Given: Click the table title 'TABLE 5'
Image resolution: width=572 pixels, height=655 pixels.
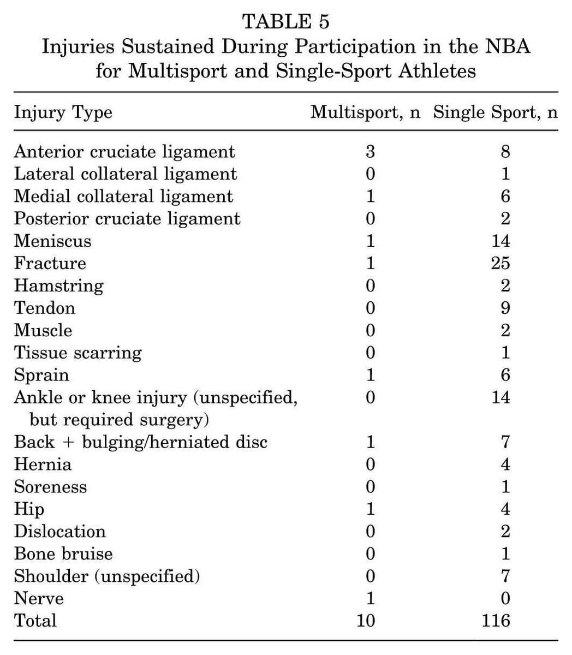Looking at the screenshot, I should click(286, 23).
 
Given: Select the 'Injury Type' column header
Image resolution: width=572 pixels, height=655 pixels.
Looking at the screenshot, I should click(63, 112).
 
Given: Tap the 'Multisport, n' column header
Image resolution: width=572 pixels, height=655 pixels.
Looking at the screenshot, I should click(365, 112).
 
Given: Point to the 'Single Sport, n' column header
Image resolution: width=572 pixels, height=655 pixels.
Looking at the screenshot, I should click(496, 112).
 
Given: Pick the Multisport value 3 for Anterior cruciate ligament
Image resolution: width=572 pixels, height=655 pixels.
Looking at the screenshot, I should click(371, 151).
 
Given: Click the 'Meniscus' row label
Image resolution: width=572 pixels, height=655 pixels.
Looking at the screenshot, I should click(52, 241).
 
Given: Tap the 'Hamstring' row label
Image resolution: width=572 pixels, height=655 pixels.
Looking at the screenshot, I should click(58, 285).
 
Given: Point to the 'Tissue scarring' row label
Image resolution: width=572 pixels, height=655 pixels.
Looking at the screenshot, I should click(78, 353).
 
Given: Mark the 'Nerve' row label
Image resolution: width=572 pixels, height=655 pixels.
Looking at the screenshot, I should click(39, 598).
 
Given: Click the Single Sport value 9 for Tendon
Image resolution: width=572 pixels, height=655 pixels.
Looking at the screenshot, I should click(505, 308).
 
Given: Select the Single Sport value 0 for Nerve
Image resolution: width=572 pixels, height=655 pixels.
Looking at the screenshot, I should click(505, 598).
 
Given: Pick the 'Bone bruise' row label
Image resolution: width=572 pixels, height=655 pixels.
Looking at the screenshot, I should click(63, 553).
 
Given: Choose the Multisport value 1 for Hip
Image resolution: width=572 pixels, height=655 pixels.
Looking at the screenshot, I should click(371, 509).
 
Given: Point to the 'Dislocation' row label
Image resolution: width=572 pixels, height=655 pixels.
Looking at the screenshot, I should click(59, 531).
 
